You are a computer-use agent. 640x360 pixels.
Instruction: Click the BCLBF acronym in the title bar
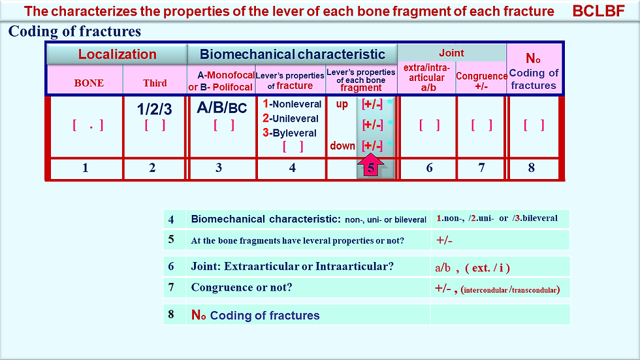598,11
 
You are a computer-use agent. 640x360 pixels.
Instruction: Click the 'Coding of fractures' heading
74,31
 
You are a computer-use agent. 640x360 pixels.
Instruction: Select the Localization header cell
117,54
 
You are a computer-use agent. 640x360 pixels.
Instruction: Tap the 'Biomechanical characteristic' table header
293,54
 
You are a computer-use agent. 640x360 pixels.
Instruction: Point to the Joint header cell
451,53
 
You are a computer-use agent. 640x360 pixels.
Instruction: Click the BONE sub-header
89,83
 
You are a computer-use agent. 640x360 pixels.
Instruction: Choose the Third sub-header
155,83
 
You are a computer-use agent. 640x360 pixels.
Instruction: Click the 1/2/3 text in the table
154,109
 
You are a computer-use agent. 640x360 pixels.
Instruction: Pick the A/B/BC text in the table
221,107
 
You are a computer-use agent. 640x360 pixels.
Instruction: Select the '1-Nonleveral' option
292,104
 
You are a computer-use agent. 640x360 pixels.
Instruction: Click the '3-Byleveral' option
289,133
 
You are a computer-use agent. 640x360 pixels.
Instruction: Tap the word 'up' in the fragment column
342,104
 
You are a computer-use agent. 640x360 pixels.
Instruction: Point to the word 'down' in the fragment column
342,146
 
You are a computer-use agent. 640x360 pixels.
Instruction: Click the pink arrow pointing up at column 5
371,165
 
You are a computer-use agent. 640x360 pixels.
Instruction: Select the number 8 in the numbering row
531,167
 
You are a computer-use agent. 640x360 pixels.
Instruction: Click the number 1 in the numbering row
86,167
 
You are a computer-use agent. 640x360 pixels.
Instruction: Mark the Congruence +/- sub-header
482,81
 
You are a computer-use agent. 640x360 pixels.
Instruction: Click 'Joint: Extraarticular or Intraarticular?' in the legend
293,267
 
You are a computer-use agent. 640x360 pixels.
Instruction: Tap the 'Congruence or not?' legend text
242,287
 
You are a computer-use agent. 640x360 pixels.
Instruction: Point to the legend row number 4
171,220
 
